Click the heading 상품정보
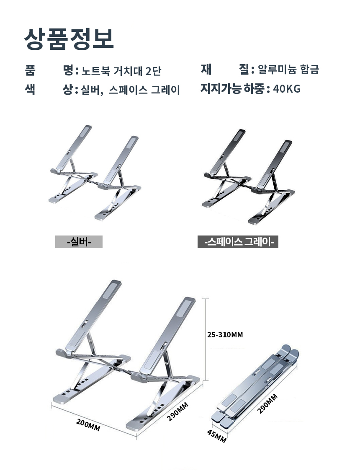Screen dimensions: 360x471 click(69, 39)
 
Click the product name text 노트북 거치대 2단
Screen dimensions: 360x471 click(121, 71)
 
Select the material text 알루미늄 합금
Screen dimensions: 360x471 click(288, 70)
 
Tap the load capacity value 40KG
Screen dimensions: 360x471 click(287, 89)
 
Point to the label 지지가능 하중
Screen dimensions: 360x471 click(232, 88)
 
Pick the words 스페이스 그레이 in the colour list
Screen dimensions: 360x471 click(144, 90)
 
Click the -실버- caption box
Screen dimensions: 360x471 click(79, 241)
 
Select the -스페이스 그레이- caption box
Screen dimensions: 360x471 click(238, 242)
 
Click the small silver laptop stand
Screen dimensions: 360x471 click(95, 173)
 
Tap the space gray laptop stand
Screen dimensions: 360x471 click(248, 177)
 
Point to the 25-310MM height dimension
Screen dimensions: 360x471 click(225, 335)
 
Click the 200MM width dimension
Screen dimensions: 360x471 click(88, 425)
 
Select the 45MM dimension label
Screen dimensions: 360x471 click(216, 436)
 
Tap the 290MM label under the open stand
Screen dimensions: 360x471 click(177, 411)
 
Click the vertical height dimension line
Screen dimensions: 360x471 click(206, 339)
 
